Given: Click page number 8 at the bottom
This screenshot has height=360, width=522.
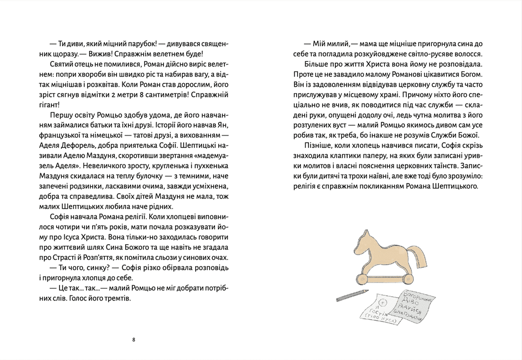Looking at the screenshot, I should [x=134, y=339].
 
